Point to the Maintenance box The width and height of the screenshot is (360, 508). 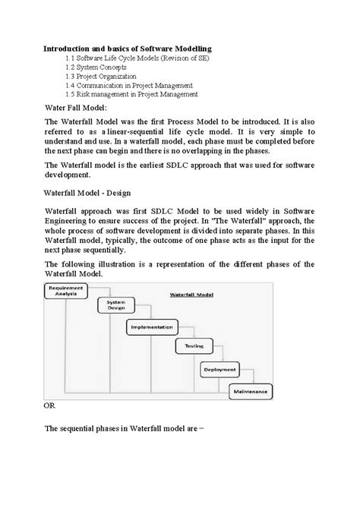[x=250, y=392]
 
